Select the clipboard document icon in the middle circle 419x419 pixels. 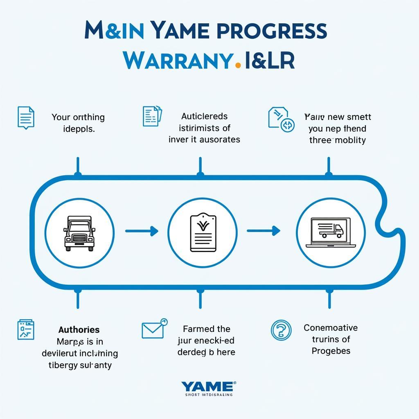pyautogui.click(x=202, y=232)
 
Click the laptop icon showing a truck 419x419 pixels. pyautogui.click(x=331, y=232)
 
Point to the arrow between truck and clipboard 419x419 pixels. pyautogui.click(x=142, y=231)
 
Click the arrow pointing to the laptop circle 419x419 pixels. pyautogui.click(x=264, y=231)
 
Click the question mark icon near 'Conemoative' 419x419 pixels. pyautogui.click(x=281, y=330)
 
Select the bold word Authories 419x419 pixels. pyautogui.click(x=79, y=329)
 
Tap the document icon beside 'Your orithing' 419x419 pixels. pyautogui.click(x=26, y=117)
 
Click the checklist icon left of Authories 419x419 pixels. pyautogui.click(x=25, y=330)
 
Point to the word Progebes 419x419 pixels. pyautogui.click(x=331, y=351)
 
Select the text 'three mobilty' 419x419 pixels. pyautogui.click(x=337, y=140)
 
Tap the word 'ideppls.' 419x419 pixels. pyautogui.click(x=79, y=128)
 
